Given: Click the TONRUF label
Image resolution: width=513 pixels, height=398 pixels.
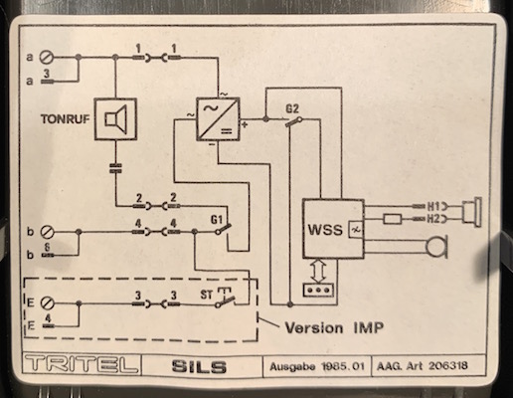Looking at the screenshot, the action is point(66,119).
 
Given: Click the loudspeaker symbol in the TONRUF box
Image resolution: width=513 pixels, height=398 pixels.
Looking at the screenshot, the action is point(115,119).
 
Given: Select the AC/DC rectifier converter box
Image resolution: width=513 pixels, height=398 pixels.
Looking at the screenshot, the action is point(218,118).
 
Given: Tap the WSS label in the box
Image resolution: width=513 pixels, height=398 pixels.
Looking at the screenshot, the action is point(325,230).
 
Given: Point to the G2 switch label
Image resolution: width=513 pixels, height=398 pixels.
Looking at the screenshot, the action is point(292,108).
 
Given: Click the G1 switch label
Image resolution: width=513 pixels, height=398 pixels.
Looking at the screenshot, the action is point(216,219).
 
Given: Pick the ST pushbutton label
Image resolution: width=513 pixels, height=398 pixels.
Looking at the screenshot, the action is point(206,295).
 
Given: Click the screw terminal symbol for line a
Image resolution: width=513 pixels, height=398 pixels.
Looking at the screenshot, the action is point(46,58).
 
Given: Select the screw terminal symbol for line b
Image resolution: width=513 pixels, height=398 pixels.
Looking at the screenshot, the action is point(47,232).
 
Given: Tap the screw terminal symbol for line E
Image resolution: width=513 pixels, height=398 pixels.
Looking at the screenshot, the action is point(47,303).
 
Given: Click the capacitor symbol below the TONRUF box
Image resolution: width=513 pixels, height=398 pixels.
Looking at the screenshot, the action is point(115,168).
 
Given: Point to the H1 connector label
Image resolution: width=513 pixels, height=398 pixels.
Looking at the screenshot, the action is point(433,207).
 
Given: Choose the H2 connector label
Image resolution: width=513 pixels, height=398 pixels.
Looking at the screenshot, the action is point(433,219).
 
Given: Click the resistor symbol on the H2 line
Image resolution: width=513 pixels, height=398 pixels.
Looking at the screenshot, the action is point(393,219).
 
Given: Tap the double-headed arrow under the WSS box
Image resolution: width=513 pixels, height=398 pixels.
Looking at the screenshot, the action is point(318,271).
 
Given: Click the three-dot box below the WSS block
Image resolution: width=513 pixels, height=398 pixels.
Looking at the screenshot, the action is point(318,290).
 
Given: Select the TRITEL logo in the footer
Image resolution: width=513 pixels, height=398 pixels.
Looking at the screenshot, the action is point(82,364).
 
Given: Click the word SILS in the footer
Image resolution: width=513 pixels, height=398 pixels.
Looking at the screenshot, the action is point(199,366).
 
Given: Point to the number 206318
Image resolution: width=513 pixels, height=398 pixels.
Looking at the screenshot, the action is point(448,365).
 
